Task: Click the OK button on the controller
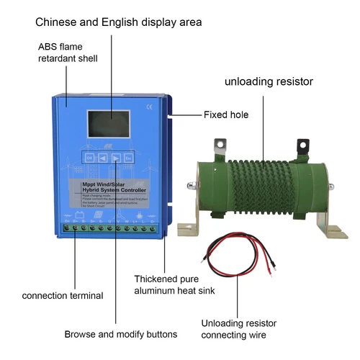point(89,157)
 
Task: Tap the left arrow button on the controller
point(102,157)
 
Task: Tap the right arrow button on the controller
point(116,157)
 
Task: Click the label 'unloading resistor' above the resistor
point(270,81)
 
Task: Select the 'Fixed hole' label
point(226,114)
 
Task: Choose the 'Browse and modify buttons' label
point(120,334)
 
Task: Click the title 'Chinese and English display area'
point(119,22)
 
